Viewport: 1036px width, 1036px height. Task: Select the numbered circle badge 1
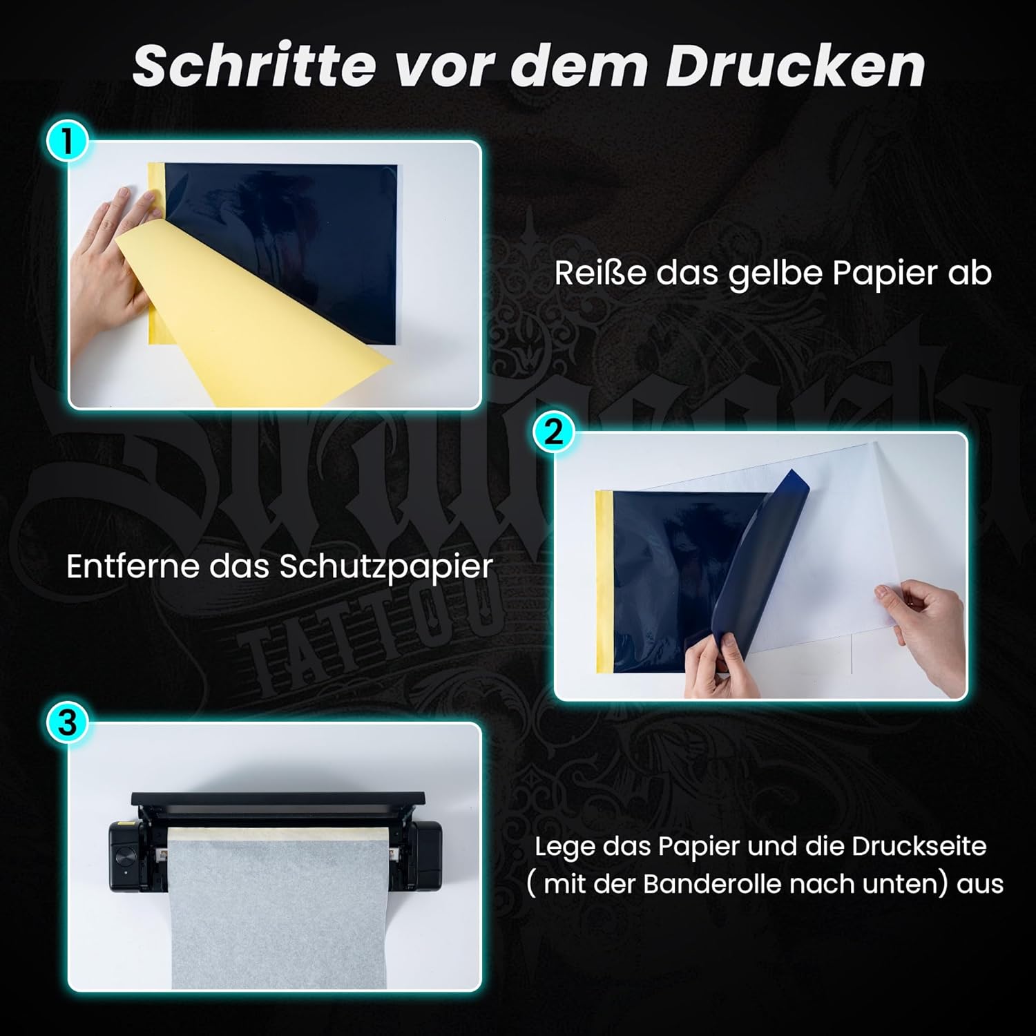click(x=67, y=143)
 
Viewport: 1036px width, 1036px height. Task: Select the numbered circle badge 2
click(x=553, y=434)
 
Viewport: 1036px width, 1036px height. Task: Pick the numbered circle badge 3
click(x=67, y=724)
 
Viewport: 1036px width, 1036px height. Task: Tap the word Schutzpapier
click(x=386, y=568)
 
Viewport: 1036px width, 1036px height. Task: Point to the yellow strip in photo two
click(x=604, y=580)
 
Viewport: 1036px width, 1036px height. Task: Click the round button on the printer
click(x=125, y=857)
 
